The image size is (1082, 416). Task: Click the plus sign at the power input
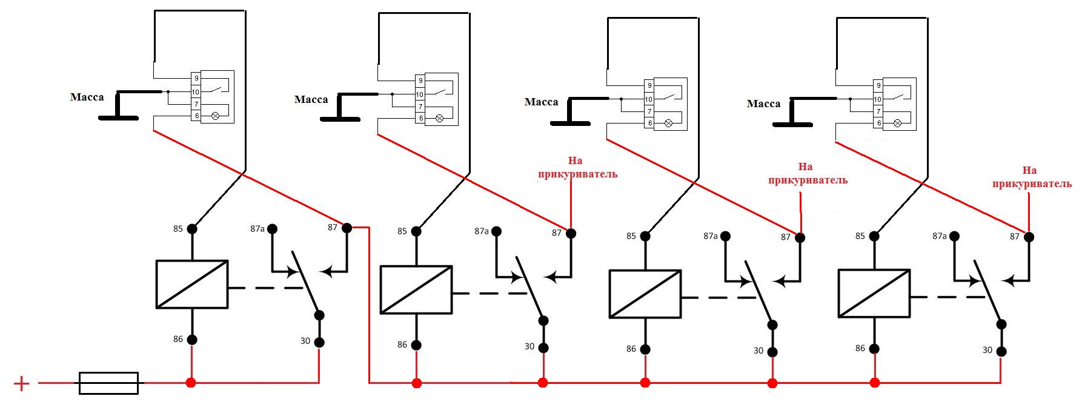click(x=21, y=383)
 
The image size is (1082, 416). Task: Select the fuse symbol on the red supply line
click(x=109, y=383)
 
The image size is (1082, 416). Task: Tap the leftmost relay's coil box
click(x=192, y=284)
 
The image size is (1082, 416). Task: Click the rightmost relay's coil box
click(x=874, y=293)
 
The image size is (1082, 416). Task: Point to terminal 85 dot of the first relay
click(x=192, y=229)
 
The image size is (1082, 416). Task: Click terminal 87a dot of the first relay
click(x=273, y=229)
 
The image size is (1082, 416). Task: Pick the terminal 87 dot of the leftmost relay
click(x=347, y=228)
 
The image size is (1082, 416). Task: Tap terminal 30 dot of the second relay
click(x=543, y=348)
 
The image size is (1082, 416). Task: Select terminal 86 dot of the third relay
click(x=645, y=349)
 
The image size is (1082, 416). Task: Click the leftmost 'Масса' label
click(x=87, y=97)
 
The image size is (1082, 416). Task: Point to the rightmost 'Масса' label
click(x=763, y=104)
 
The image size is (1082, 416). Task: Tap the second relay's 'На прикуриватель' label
click(x=577, y=168)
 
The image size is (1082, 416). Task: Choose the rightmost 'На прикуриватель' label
click(x=1032, y=177)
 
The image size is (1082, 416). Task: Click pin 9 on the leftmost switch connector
click(x=196, y=78)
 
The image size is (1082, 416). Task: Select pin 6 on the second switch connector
click(x=420, y=118)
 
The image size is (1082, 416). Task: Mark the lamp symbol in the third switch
click(x=668, y=123)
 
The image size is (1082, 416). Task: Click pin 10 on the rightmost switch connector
click(x=877, y=99)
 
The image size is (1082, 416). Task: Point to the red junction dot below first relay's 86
click(x=191, y=383)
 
